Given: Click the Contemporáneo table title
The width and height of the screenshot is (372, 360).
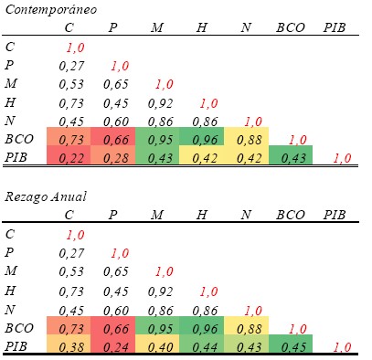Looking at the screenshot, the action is point(51,10).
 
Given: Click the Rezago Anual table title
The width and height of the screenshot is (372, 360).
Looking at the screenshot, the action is point(46,197).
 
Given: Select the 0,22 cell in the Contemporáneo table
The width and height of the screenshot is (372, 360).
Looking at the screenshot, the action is point(71,158).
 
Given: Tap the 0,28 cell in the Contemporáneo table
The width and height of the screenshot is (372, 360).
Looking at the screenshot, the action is point(115,158).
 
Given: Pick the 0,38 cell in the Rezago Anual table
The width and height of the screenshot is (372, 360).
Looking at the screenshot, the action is point(71,347).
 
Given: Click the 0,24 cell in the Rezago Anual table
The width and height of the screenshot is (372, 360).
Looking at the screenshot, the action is point(115,347).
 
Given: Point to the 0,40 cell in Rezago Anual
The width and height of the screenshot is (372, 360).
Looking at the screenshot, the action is point(160,347).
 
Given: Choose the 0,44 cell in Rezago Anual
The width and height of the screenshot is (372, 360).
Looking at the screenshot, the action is point(205,347).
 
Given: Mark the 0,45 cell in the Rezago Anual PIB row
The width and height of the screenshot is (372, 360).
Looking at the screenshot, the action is point(294,347).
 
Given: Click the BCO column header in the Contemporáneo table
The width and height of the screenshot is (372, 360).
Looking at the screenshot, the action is point(291,27).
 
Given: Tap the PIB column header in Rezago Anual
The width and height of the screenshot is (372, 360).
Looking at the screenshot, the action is point(335,215).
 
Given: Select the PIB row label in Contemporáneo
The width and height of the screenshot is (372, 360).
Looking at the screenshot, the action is point(16,157).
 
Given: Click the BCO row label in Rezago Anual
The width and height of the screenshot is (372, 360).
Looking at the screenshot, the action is point(19,328).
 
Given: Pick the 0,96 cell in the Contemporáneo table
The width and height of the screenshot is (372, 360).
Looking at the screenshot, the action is point(205,140).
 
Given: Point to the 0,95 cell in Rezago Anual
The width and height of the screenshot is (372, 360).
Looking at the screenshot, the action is point(160,329).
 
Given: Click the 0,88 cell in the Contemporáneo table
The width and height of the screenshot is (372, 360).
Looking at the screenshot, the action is point(250,140).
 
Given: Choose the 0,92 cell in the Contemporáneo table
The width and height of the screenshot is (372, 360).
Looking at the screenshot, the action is point(160,103).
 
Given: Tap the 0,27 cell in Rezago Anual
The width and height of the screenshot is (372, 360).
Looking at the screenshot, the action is point(71,253).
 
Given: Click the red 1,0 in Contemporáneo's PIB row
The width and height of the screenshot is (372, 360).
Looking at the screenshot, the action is point(342,158).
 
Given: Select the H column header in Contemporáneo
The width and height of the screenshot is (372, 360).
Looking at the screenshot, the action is point(201,27).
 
